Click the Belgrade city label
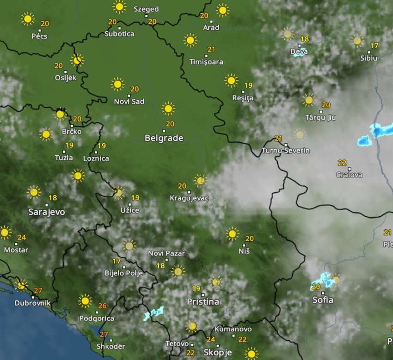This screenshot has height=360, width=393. coord(164,138)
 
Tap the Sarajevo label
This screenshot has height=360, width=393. coord(47,212)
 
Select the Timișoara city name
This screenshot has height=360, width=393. coord(206,62)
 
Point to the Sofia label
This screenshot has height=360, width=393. coord(322,300)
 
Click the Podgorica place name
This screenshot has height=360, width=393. coord(97,318)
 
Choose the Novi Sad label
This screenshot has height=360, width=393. coord(129,102)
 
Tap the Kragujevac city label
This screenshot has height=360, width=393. coord(189,198)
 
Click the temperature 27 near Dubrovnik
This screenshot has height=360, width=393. coord(38,291)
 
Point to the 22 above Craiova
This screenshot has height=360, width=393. coord(342,163)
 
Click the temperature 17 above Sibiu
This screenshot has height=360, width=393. coord(374,46)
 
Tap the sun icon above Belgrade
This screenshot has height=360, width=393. coord(168,109)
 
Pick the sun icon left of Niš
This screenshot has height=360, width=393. coord(232,234)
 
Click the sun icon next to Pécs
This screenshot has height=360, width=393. coord(28,19)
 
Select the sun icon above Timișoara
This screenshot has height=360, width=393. coord(190,40)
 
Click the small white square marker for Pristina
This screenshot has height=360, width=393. coord(203,294)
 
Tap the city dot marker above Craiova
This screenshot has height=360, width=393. coord(349,169)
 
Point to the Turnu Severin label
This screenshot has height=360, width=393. coord(286,151)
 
